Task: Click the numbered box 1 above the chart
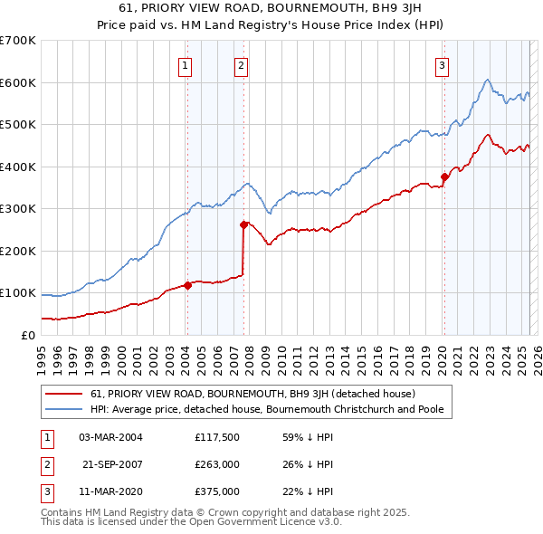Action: coord(185,64)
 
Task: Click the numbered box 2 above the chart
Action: coord(242,64)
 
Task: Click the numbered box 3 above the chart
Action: coord(442,64)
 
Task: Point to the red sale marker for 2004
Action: coord(187,285)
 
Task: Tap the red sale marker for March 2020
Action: coord(444,177)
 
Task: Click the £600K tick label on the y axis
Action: coord(18,82)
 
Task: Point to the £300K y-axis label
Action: coord(18,208)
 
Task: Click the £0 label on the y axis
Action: coord(27,335)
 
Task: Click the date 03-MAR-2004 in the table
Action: coord(110,437)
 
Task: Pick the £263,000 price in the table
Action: coord(217,464)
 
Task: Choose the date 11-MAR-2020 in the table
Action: coord(110,491)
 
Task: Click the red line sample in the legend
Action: coord(62,395)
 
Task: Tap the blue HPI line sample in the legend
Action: coord(62,409)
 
